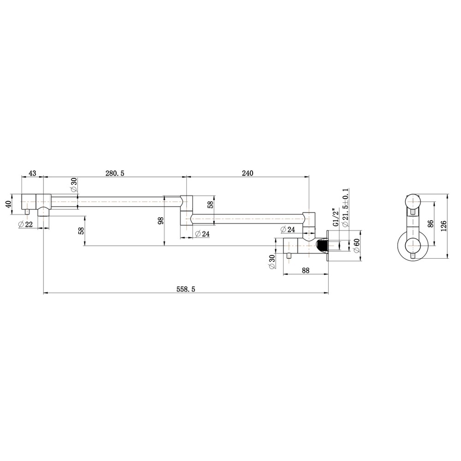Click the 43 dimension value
point(33,173)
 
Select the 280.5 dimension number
point(115,173)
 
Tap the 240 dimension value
point(248,173)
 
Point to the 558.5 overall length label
point(186,290)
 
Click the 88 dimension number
point(306,271)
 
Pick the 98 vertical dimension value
point(160,221)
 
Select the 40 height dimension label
point(8,204)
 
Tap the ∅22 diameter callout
point(25,225)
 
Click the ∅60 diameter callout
point(357,245)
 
